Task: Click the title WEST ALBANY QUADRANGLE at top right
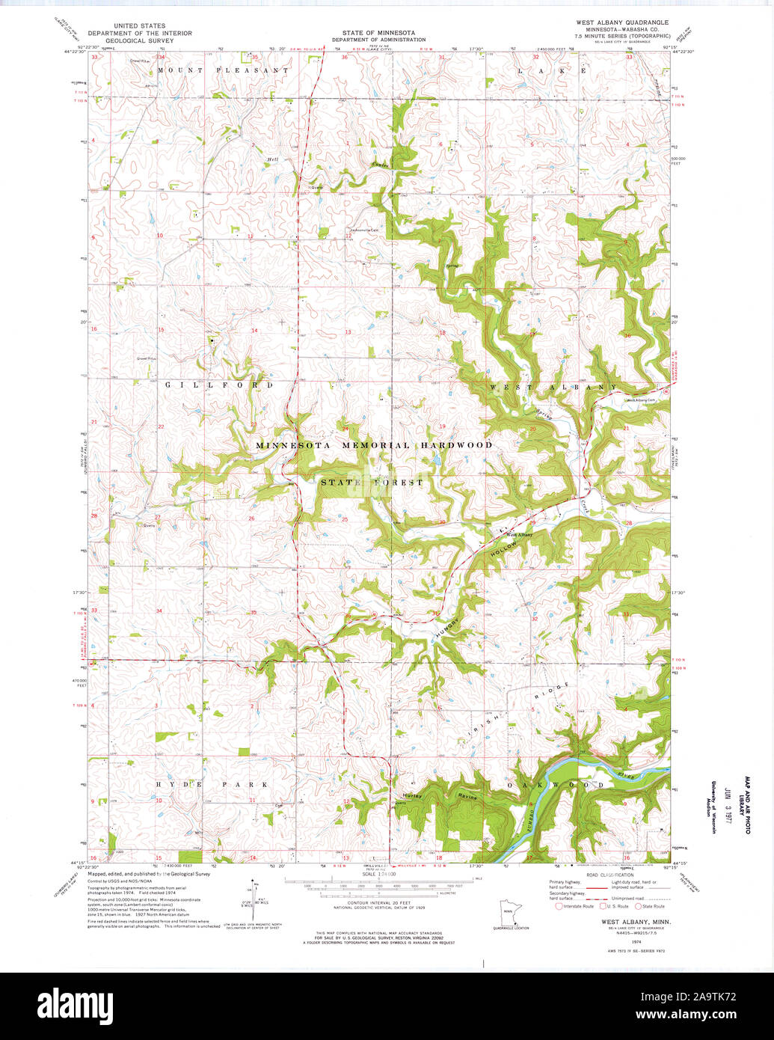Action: pyautogui.click(x=622, y=23)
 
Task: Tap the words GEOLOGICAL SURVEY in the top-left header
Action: pyautogui.click(x=140, y=40)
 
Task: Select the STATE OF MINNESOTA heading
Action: pyautogui.click(x=378, y=33)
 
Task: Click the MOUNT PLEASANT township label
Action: pyautogui.click(x=222, y=70)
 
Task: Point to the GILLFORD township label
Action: pyautogui.click(x=219, y=385)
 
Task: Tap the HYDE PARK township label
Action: pyautogui.click(x=212, y=784)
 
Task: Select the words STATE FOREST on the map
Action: pyautogui.click(x=372, y=483)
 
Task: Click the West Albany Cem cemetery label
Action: pyautogui.click(x=640, y=400)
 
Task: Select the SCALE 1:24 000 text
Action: pyautogui.click(x=379, y=874)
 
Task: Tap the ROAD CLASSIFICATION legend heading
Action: pyautogui.click(x=609, y=874)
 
